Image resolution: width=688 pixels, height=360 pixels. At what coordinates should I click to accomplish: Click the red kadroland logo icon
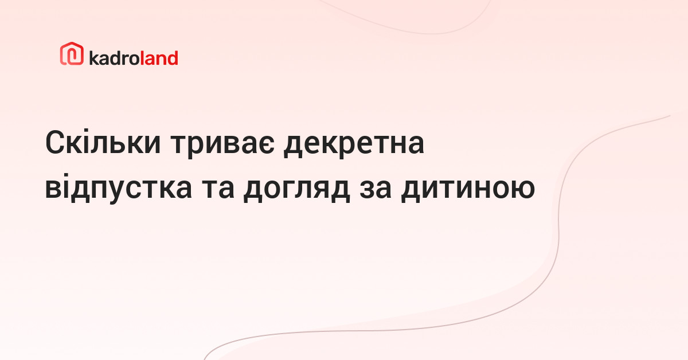72,53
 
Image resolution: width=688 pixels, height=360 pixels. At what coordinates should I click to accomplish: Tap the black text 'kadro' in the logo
115,58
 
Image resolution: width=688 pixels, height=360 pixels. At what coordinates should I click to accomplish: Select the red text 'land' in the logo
159,58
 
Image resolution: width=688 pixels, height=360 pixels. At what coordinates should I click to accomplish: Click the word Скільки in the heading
103,143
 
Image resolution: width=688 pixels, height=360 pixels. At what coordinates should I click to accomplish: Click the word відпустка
119,187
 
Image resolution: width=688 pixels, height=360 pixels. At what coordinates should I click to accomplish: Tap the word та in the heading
218,188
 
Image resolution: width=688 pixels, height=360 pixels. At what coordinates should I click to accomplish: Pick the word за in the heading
376,188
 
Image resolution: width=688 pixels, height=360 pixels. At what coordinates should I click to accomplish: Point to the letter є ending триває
265,144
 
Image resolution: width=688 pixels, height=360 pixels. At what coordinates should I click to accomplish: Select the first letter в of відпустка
54,189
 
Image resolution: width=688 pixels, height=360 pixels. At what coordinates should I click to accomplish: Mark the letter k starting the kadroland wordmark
94,58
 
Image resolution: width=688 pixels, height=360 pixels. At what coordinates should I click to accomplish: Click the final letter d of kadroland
173,58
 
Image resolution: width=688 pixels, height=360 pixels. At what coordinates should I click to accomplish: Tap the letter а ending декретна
415,144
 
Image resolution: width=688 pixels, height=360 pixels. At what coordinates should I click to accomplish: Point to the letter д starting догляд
253,190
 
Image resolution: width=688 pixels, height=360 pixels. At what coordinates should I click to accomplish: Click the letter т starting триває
179,144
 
